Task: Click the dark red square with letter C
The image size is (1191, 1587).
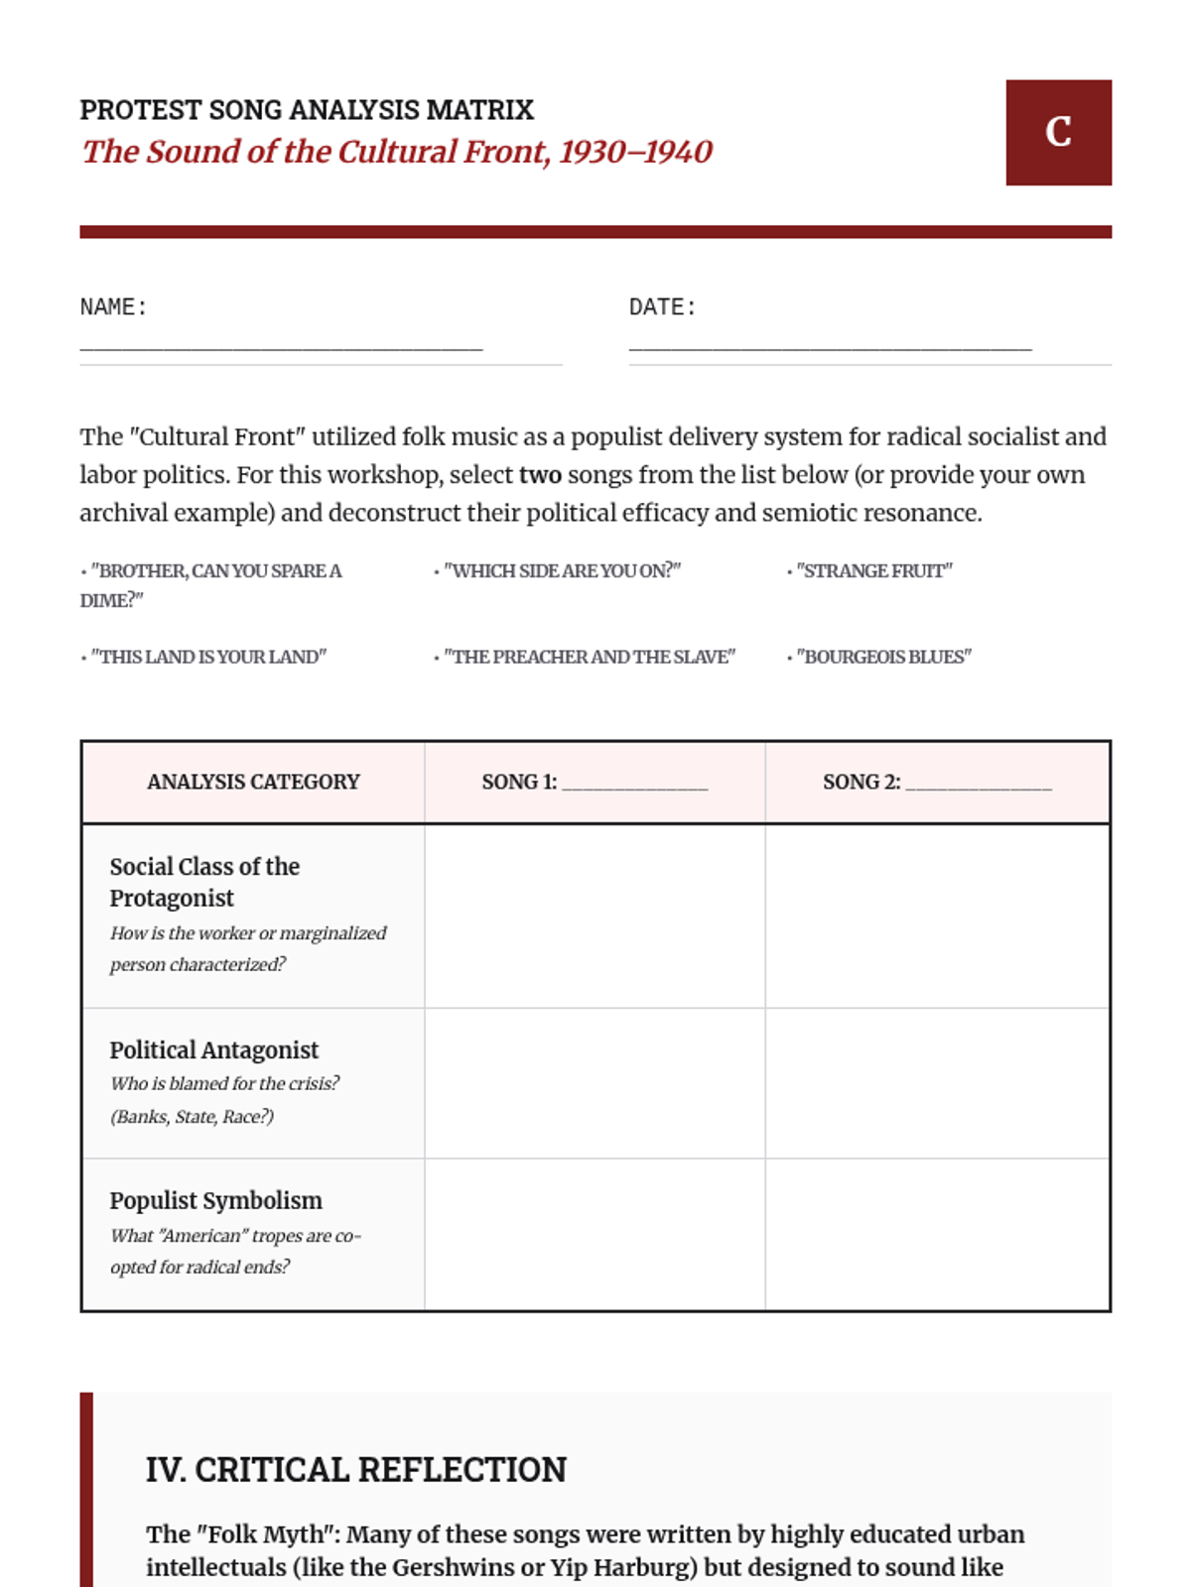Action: (1058, 132)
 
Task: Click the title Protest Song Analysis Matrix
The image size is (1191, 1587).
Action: (307, 109)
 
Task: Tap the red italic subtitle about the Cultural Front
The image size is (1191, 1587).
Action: (397, 152)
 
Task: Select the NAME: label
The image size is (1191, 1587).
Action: (113, 307)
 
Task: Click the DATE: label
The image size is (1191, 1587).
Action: (662, 307)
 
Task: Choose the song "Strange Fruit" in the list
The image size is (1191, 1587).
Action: (873, 571)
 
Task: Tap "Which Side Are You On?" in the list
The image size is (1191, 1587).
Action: (562, 571)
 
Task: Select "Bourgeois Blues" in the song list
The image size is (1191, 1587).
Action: (883, 657)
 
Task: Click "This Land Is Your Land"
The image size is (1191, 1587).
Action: (207, 657)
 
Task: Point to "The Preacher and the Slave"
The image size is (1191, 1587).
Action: (589, 657)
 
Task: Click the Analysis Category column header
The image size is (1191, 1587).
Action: (253, 782)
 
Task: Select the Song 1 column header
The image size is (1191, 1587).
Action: (595, 782)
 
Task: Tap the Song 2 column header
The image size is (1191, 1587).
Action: (937, 782)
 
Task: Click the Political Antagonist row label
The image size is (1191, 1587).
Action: (214, 1049)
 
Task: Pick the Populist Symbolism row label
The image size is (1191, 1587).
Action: (215, 1200)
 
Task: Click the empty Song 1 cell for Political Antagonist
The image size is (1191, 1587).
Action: (595, 1083)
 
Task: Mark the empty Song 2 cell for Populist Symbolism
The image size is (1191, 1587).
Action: (937, 1235)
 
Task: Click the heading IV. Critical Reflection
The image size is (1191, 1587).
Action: (356, 1469)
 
